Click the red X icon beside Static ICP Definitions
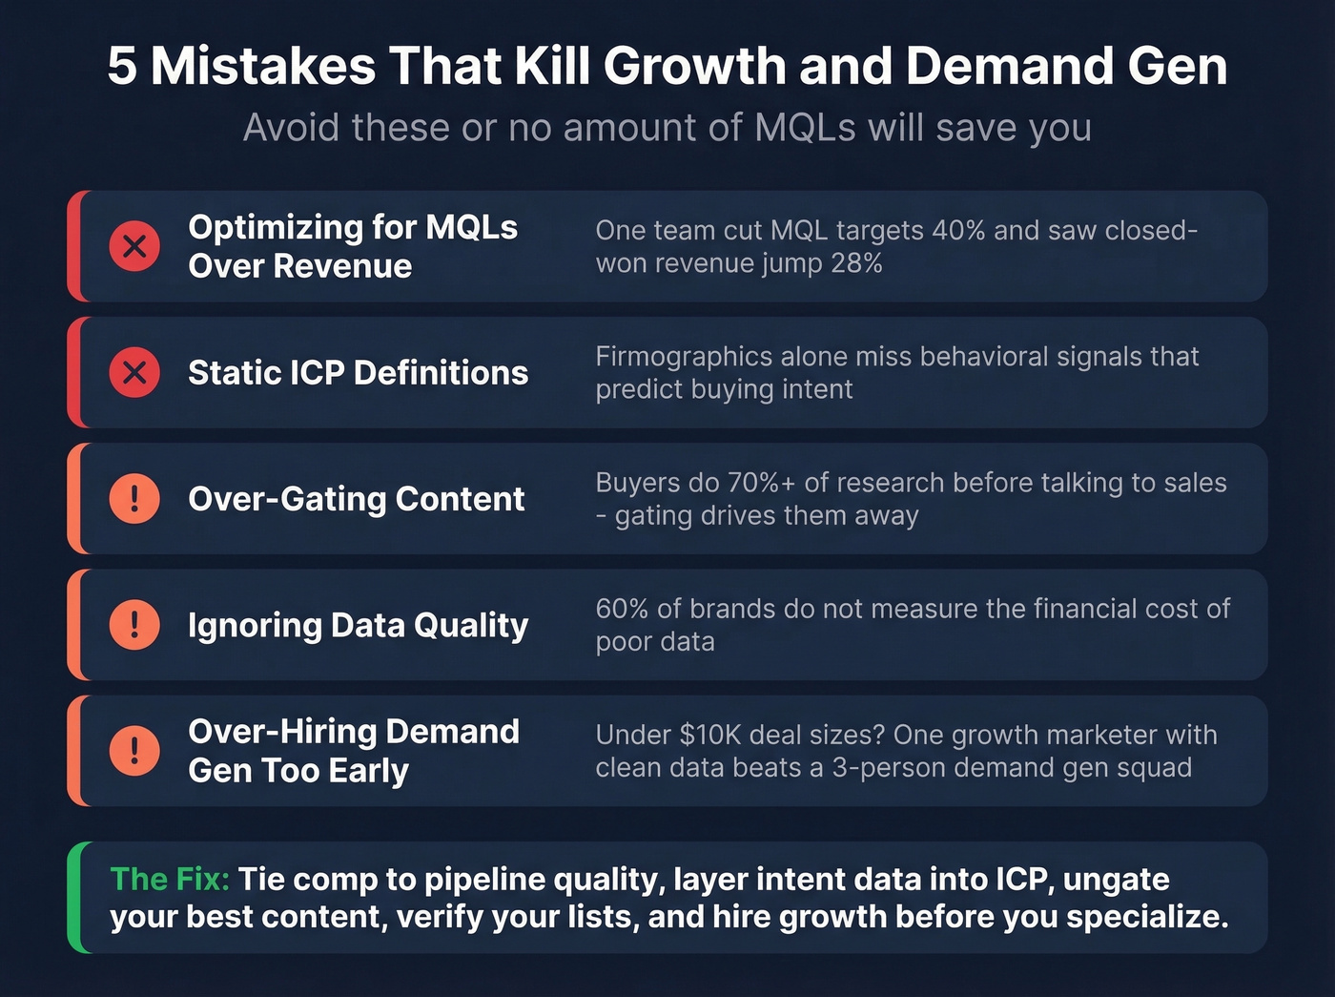pos(134,372)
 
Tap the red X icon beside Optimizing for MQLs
pos(134,246)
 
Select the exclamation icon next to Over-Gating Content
pos(134,498)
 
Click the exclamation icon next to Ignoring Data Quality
pos(134,624)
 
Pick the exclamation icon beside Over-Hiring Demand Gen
pos(134,750)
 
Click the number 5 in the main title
pos(121,67)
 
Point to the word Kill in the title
pos(552,67)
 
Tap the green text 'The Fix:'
pos(170,879)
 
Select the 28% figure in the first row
pos(855,263)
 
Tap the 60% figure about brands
pos(623,609)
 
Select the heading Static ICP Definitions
pos(358,373)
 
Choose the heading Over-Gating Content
pos(356,499)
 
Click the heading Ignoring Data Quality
pos(358,625)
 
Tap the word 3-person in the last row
pos(892,768)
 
